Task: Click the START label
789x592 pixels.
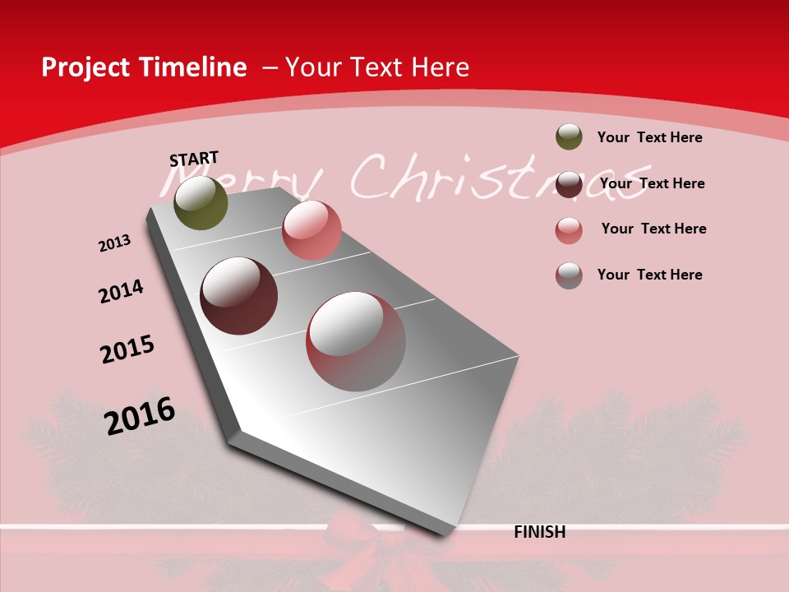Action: coord(194,158)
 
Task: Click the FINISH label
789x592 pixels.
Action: coord(539,532)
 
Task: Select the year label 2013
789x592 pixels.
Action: coord(114,243)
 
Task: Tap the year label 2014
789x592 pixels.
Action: coord(121,291)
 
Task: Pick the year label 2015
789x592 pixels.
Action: coord(127,349)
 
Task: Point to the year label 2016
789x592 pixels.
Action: coord(140,415)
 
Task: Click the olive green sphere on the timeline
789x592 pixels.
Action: coord(201,202)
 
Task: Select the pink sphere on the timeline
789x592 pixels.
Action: coord(311,230)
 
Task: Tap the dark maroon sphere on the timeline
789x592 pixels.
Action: coord(239,296)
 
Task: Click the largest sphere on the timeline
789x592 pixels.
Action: coord(356,341)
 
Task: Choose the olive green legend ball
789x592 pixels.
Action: coord(569,136)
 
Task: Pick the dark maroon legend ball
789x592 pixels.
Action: coord(569,184)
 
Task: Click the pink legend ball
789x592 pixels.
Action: coord(569,230)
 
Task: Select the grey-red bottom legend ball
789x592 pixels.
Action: coord(569,275)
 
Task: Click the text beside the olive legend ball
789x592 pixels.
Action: coord(649,137)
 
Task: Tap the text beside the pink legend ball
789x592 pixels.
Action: coord(653,229)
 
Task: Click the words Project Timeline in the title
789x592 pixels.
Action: coord(144,67)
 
